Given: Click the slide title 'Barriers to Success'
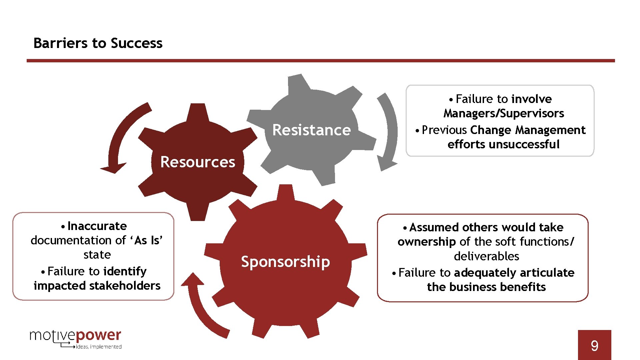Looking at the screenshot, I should (98, 43).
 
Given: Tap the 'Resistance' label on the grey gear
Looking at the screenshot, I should (311, 130).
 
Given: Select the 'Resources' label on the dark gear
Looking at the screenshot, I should (198, 162).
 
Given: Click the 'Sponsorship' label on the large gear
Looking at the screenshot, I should (285, 262).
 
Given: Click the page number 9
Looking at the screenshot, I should (594, 346).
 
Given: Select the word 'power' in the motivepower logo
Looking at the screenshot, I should (99, 335).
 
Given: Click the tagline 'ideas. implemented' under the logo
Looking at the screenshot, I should (99, 347).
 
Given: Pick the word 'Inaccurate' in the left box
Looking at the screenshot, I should (97, 226).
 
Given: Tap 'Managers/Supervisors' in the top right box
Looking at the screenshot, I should (504, 114).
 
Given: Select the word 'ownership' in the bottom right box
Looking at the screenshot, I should (427, 242).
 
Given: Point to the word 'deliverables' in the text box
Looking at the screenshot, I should (486, 256).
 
